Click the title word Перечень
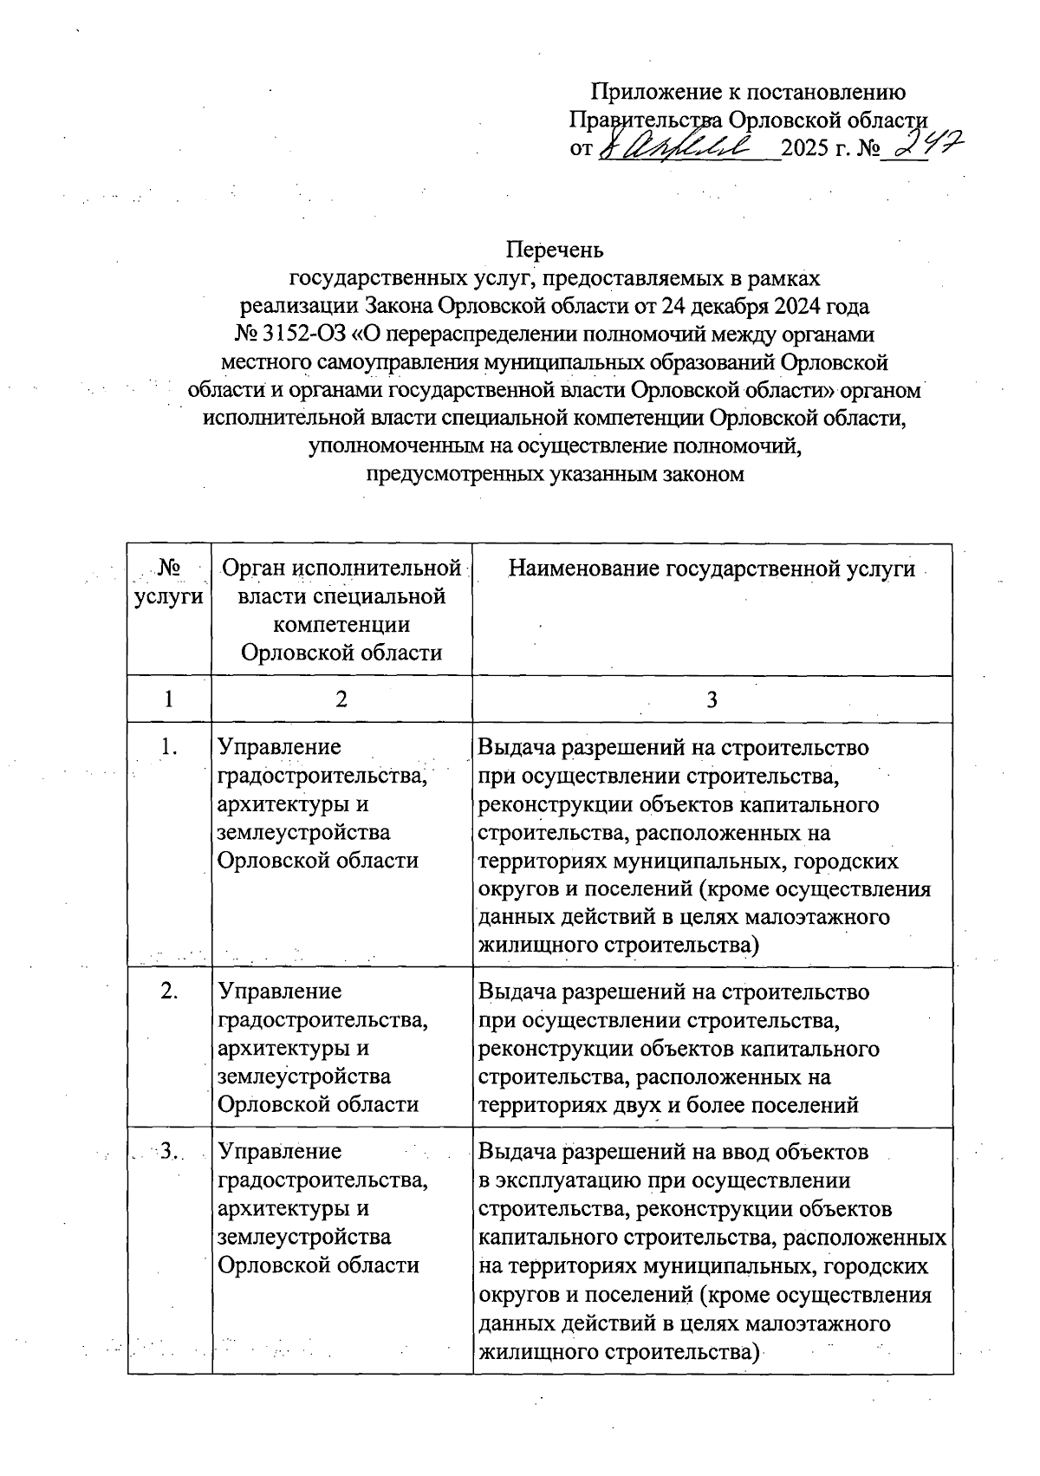click(x=555, y=250)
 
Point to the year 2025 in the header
click(x=805, y=148)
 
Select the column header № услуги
click(x=169, y=582)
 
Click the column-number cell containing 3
click(x=712, y=699)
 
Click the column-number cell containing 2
click(x=341, y=699)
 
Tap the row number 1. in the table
click(x=169, y=746)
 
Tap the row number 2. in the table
click(x=169, y=991)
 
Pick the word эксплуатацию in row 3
click(x=572, y=1180)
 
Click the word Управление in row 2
click(x=279, y=991)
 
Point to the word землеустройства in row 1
click(x=303, y=832)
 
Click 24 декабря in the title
click(x=706, y=306)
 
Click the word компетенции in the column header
click(x=341, y=625)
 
